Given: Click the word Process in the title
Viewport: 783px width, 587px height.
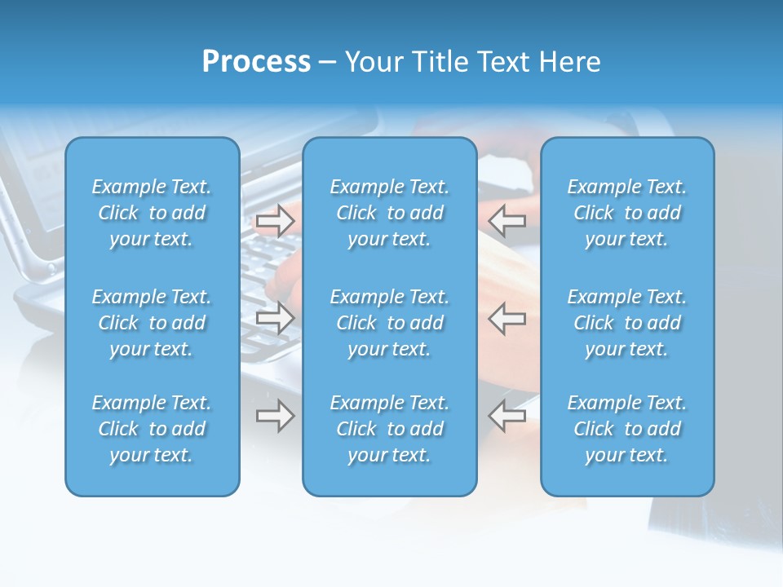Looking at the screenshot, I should click(x=256, y=62).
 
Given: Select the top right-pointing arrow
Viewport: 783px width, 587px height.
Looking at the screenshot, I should click(x=275, y=221).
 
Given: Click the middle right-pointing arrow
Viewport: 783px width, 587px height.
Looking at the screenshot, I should click(x=275, y=317).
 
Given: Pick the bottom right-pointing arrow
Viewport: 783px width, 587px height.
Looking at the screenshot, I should click(x=275, y=415).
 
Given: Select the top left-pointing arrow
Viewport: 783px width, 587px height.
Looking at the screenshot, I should click(x=507, y=219).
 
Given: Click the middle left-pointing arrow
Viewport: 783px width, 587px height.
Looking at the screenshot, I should click(x=507, y=317).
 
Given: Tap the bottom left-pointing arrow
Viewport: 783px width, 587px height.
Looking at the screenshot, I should click(x=507, y=415).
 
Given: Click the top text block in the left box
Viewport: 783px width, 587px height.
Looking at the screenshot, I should click(x=152, y=213).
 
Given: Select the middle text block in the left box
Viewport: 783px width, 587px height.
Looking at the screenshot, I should click(x=152, y=323).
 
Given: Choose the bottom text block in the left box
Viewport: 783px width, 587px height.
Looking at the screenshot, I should click(x=152, y=429).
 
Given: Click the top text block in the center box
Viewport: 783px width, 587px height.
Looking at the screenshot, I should click(x=389, y=213).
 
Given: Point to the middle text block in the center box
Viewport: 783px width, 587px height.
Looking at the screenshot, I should click(x=389, y=323).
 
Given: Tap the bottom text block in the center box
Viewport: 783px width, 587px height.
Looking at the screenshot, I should click(x=389, y=429).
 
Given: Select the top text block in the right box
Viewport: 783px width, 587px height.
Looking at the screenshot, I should click(x=626, y=213).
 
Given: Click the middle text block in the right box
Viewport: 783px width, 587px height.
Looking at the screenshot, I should click(x=626, y=323).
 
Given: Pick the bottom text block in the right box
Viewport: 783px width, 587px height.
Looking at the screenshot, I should click(x=626, y=429).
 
